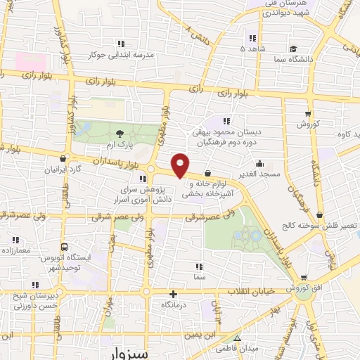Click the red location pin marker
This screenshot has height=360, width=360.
[x=180, y=165]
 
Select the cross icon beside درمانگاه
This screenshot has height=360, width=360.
[x=173, y=293]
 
